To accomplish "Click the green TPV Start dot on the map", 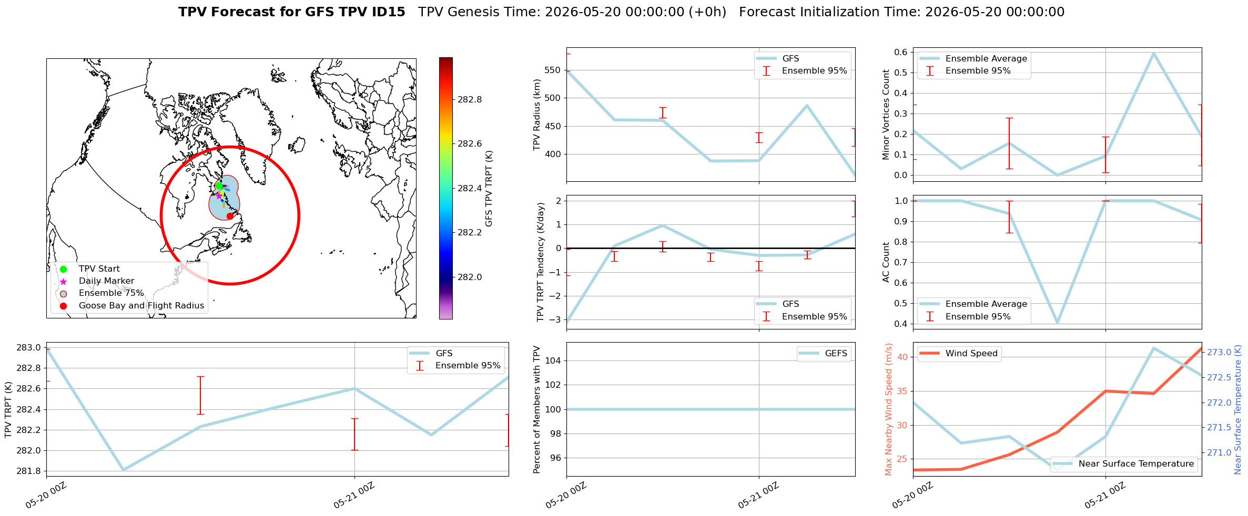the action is (x=219, y=185).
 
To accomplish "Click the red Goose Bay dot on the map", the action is (x=230, y=216).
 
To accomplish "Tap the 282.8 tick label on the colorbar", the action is (x=470, y=99).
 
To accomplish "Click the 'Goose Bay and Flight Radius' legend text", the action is (x=141, y=306).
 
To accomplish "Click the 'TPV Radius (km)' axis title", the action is (x=537, y=115).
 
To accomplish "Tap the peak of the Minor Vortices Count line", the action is (x=1153, y=53).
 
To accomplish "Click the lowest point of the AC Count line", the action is (x=1057, y=323).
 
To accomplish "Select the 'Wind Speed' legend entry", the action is (x=959, y=353).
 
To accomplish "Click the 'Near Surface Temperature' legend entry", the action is (x=1124, y=463).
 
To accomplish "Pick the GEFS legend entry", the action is (x=824, y=353).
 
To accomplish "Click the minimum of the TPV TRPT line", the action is (x=123, y=470).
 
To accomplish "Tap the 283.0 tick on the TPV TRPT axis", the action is (x=28, y=347).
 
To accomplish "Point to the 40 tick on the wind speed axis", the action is (x=902, y=357).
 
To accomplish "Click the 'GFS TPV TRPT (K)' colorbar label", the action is (x=489, y=189).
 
